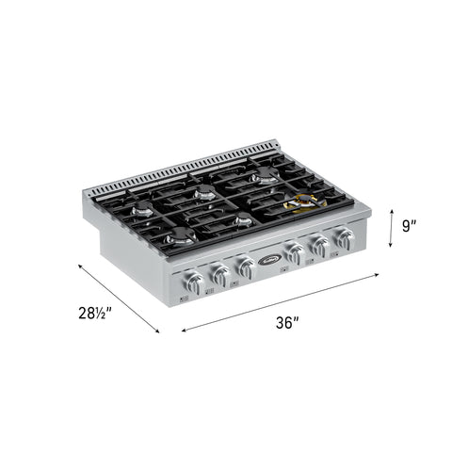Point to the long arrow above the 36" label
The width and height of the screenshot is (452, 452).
pyautogui.click(x=281, y=303)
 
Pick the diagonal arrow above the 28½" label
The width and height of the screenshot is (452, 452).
pyautogui.click(x=118, y=297)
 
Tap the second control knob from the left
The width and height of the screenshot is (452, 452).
pyautogui.click(x=219, y=274)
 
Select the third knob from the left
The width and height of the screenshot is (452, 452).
pyautogui.click(x=245, y=267)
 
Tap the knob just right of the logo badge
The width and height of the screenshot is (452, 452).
pyautogui.click(x=295, y=254)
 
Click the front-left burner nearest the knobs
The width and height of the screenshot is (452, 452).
pyautogui.click(x=179, y=239)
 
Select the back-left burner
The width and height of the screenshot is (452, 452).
pyautogui.click(x=142, y=210)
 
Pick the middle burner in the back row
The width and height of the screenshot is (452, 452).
pyautogui.click(x=204, y=194)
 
